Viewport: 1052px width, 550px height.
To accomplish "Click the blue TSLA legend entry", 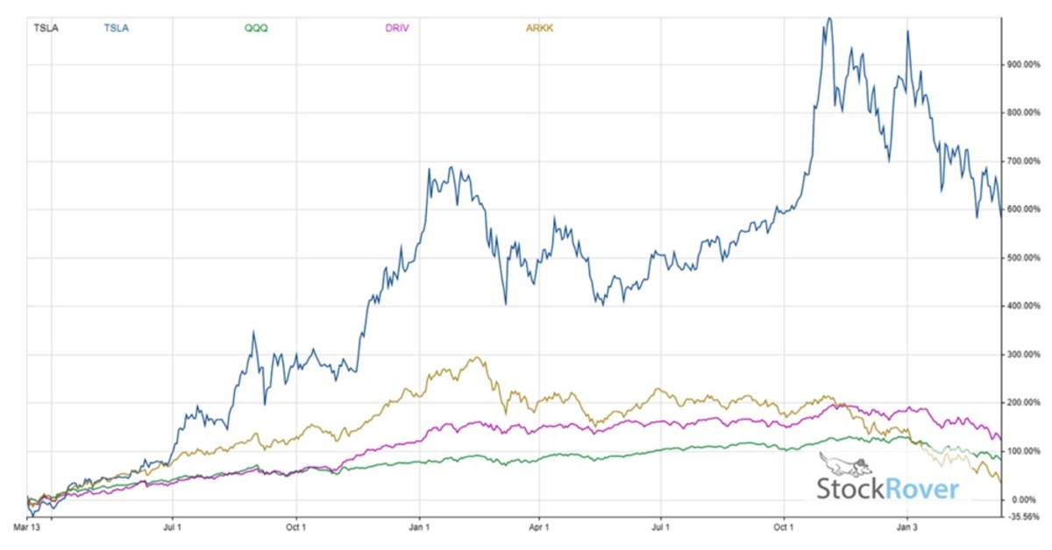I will click(x=116, y=28).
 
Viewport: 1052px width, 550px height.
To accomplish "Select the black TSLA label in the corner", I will click(x=46, y=28).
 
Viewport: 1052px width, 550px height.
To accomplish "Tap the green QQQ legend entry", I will click(x=256, y=28).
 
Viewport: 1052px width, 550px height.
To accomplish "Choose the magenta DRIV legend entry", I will click(x=396, y=28).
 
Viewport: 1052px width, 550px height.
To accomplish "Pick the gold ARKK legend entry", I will click(x=539, y=28).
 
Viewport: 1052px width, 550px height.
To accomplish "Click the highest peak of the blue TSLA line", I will click(x=828, y=18).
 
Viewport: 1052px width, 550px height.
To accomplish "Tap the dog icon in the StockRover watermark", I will click(x=844, y=464).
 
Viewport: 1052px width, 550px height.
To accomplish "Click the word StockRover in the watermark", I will click(x=887, y=489).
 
